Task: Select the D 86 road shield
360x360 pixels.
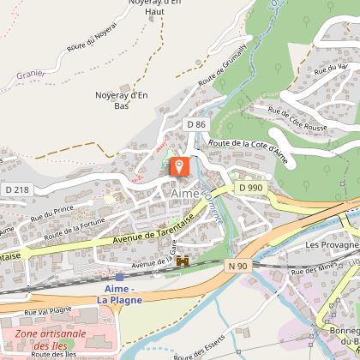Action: [196, 125]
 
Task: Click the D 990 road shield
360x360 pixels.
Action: [249, 187]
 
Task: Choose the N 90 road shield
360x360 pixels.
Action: [239, 266]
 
